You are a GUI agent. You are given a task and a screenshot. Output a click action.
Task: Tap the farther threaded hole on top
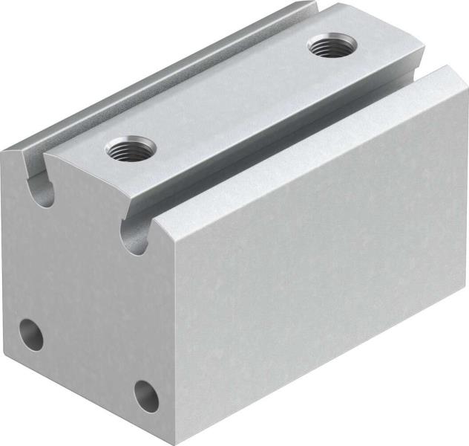(330, 46)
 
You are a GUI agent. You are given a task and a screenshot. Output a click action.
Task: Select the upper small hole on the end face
(31, 335)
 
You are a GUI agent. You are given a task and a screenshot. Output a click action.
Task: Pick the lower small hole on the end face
(146, 396)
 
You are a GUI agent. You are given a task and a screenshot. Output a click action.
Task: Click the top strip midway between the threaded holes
(230, 97)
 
